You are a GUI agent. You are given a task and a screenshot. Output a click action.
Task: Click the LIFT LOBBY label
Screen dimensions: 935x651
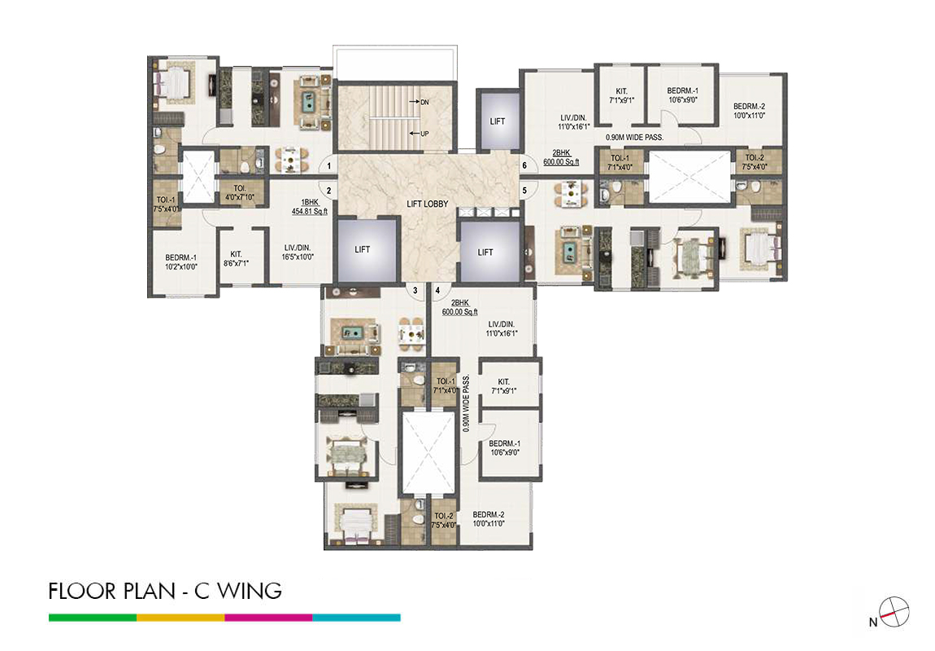427,204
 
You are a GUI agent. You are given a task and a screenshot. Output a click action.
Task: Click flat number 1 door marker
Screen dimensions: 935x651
328,165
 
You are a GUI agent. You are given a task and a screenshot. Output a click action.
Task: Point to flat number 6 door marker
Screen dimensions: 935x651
524,165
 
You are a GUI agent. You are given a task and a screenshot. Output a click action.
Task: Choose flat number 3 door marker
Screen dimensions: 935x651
415,291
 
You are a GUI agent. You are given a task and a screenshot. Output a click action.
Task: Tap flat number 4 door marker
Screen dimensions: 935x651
437,291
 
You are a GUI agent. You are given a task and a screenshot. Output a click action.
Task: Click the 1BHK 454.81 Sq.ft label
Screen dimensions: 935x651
310,207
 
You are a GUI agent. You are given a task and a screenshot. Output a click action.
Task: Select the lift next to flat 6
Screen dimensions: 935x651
498,121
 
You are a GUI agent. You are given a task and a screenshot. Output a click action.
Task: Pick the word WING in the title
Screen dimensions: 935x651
250,591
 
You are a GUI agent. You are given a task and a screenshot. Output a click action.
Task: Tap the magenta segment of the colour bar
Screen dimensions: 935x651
268,618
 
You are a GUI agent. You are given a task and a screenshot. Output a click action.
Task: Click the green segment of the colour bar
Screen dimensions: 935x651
93,618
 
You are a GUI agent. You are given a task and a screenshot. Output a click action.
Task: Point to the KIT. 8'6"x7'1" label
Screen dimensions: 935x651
236,259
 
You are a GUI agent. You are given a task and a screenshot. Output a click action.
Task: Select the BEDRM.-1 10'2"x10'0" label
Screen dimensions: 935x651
181,263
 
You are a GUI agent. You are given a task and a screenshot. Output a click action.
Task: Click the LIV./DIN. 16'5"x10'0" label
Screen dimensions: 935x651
298,252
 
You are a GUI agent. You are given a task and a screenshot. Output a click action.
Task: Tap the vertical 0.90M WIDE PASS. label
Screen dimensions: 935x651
467,404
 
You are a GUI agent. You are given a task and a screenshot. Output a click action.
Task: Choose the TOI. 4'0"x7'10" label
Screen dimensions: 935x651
240,192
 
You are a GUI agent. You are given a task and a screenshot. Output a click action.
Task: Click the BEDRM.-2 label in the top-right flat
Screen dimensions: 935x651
749,111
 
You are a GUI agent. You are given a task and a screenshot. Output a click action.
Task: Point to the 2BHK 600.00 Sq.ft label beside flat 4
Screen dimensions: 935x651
459,308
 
